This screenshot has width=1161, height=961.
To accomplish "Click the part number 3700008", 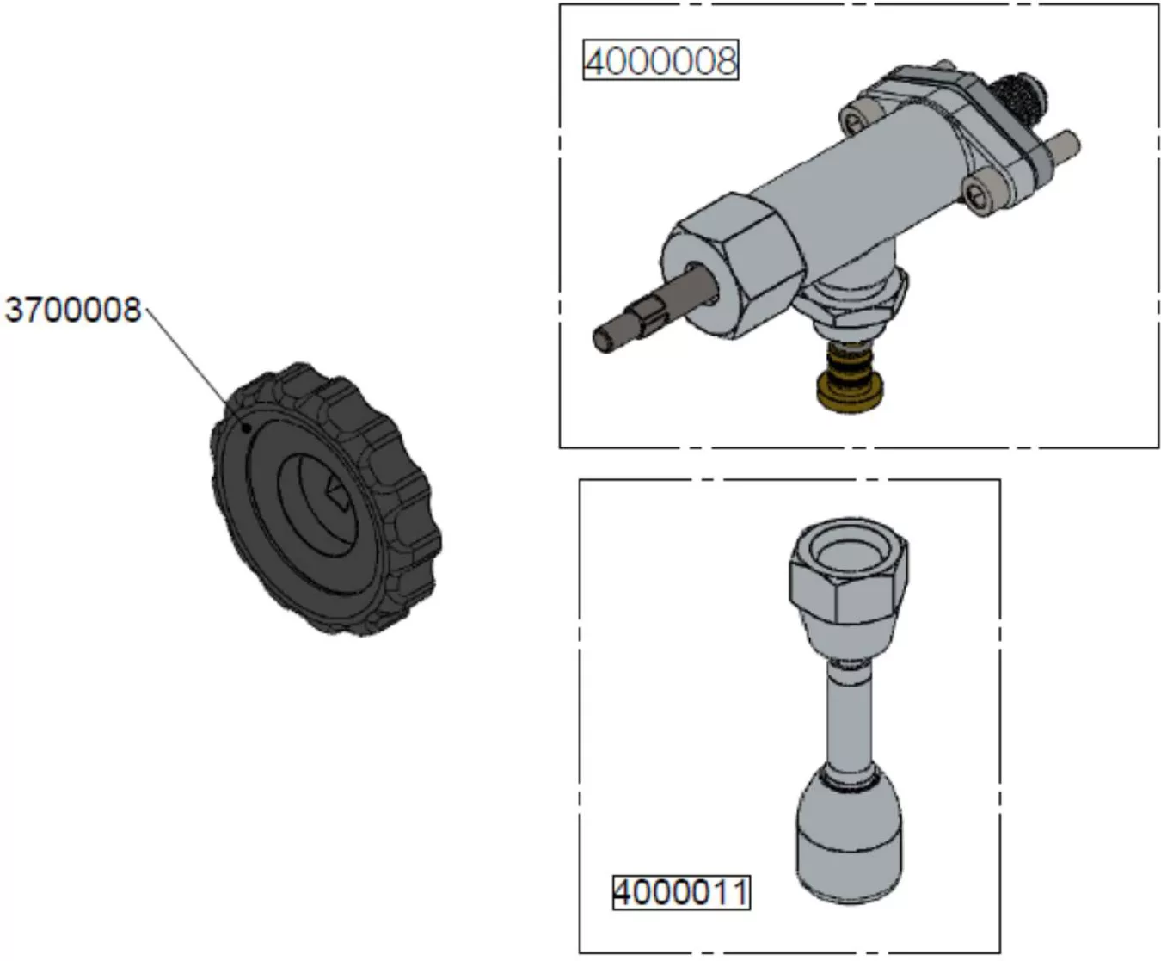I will tap(72, 309).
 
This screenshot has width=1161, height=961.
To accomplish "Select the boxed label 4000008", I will tap(660, 61).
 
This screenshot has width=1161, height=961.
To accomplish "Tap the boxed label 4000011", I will tap(680, 892).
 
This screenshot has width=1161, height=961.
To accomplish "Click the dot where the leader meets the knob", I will tap(246, 425).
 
